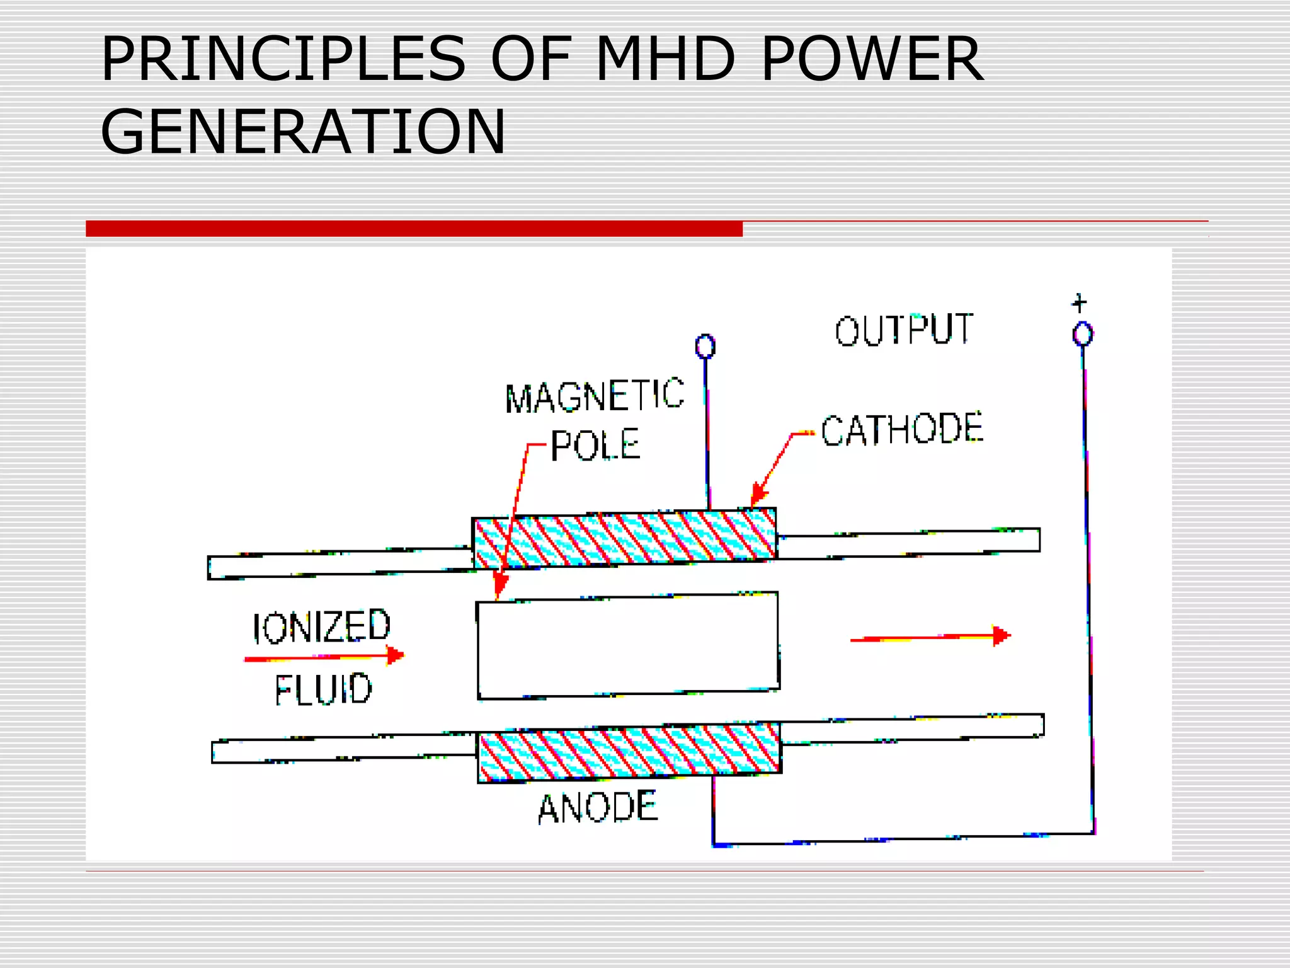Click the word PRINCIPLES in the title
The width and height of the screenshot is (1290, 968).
point(283,60)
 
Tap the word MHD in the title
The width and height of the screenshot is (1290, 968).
point(665,60)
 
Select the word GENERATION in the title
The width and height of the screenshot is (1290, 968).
point(303,132)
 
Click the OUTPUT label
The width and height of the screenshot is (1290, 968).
point(904,330)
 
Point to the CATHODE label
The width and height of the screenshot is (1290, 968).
point(901,430)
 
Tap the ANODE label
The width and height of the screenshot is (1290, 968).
point(598,808)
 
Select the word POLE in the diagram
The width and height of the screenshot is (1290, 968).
point(595,445)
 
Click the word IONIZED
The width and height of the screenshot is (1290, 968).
point(322,627)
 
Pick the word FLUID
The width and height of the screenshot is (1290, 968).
point(323,689)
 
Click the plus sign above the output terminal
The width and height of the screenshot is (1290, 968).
point(1080,303)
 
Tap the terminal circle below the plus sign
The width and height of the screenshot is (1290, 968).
point(1083,334)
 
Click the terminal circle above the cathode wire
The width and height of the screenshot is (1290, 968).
point(705,347)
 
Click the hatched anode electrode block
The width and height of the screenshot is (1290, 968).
point(629,752)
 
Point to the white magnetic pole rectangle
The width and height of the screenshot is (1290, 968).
point(628,646)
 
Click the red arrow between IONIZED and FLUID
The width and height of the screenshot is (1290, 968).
point(324,657)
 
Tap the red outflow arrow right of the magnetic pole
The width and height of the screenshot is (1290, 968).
point(930,638)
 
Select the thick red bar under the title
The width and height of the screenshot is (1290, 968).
point(414,229)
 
